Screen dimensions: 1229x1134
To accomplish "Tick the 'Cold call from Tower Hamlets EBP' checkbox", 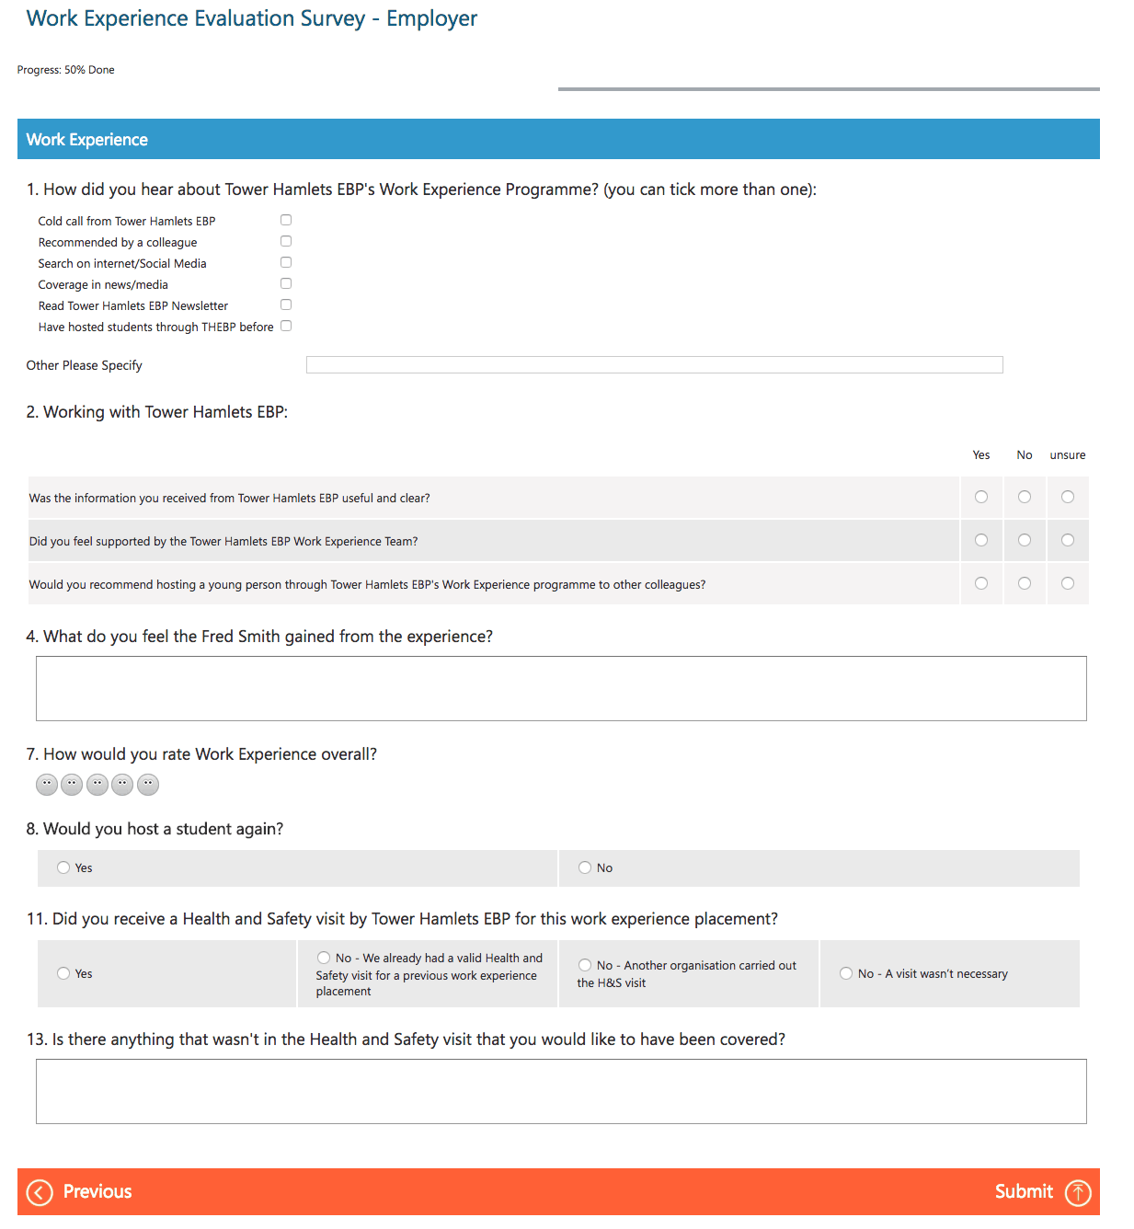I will (x=286, y=220).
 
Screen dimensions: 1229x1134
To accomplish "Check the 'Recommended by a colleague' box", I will (x=286, y=241).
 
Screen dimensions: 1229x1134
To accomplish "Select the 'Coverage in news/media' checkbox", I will (x=286, y=283).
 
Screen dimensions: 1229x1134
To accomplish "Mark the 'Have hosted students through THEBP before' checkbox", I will (x=286, y=326).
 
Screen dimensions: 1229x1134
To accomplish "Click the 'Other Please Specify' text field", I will (x=654, y=365).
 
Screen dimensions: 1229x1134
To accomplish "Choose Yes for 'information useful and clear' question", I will (x=981, y=497).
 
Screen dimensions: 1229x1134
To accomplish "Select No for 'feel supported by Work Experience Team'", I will (x=1025, y=540).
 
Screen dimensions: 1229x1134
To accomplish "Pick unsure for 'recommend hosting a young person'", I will (x=1068, y=583).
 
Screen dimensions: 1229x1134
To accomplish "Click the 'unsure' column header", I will (x=1068, y=455).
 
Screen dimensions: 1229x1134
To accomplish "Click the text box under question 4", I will (x=561, y=688).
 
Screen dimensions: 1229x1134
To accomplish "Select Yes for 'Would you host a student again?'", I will (x=63, y=867).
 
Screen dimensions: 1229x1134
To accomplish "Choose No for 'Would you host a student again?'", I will (x=585, y=867).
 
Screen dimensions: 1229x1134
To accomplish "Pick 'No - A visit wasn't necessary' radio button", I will (x=846, y=973).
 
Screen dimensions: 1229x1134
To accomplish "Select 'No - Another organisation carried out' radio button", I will (x=585, y=965).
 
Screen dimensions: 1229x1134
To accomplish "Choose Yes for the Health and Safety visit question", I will (x=63, y=973).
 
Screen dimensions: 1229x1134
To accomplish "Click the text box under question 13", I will (x=561, y=1091).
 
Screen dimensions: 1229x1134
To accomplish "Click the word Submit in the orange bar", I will (x=1024, y=1192).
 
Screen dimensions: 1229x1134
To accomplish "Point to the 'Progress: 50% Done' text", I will (x=66, y=70).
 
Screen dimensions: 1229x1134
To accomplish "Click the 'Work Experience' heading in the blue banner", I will (x=87, y=140).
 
